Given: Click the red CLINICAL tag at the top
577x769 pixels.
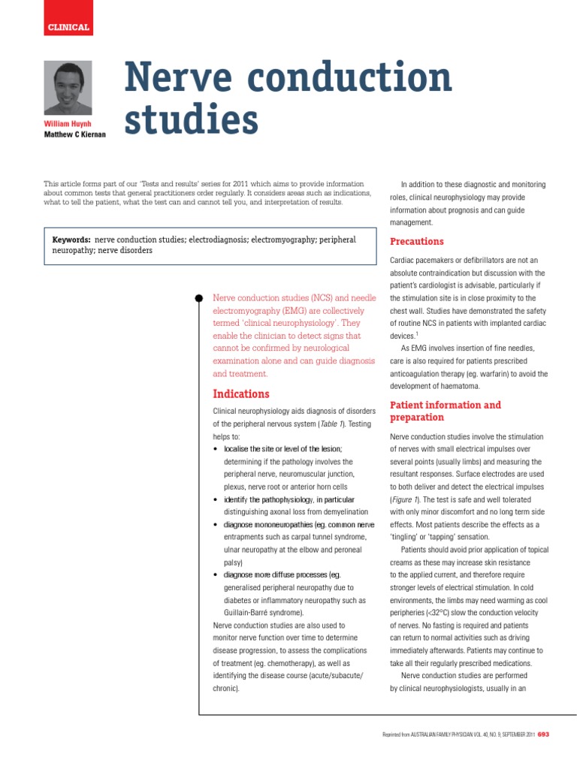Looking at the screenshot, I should tap(68, 28).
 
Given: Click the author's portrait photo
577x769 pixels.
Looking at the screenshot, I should tap(68, 88).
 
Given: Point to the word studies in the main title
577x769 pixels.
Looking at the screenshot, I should tap(191, 120).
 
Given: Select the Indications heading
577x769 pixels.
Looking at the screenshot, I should tap(240, 394).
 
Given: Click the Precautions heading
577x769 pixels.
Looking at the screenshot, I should tap(417, 241).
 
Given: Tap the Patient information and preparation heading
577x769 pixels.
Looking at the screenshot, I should tap(445, 411).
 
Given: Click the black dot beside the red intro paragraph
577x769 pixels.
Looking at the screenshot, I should tap(198, 298).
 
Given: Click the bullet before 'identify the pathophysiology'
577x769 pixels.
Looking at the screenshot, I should tap(216, 499).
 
